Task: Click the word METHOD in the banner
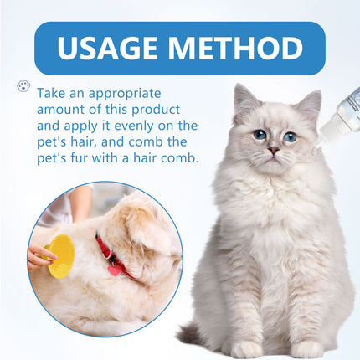pos(234,48)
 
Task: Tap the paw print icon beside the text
pos(23,86)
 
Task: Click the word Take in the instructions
pos(53,92)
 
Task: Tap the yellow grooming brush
pos(61,255)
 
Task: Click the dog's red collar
pos(111,256)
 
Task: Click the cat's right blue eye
pos(290,136)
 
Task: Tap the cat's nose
pos(273,150)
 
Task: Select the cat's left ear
pos(244,100)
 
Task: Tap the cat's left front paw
pos(248,348)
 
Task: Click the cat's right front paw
pos(306,348)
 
